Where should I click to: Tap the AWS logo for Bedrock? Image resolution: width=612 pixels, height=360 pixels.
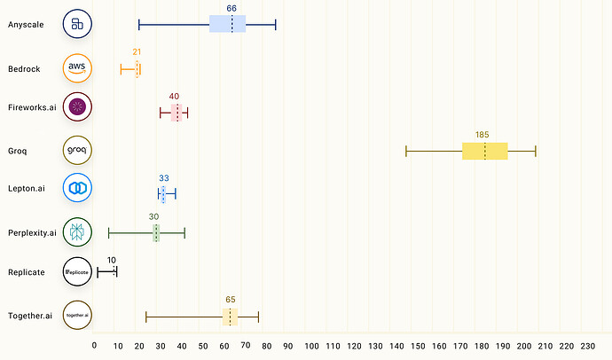[x=77, y=68]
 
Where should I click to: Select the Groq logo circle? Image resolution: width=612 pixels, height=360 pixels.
[x=77, y=151]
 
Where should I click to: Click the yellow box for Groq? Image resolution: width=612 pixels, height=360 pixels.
[x=485, y=151]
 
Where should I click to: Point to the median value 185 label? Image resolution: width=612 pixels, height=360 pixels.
[x=482, y=135]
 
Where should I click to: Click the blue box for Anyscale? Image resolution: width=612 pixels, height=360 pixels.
[x=228, y=24]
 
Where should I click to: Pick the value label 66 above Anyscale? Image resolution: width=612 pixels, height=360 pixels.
[x=231, y=8]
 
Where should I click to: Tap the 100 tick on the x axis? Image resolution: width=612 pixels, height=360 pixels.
[x=311, y=346]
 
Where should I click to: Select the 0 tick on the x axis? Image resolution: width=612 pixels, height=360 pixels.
[x=95, y=346]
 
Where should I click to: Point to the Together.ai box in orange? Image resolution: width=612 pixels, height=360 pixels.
[x=230, y=317]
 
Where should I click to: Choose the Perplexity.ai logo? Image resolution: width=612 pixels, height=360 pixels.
[x=77, y=232]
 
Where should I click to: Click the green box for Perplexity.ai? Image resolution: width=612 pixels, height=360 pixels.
[x=156, y=232]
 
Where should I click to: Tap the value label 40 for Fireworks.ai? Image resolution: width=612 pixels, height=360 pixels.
[x=174, y=96]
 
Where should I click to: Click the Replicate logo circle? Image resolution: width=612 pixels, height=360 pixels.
[x=77, y=272]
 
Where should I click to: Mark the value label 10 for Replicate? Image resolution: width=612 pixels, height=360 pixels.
[x=111, y=261]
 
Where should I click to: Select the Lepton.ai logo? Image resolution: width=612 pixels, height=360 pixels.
[x=77, y=188]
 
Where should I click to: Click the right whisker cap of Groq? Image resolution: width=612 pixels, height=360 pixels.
[x=536, y=151]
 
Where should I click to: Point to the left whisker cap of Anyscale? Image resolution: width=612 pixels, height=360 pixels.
[x=138, y=24]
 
